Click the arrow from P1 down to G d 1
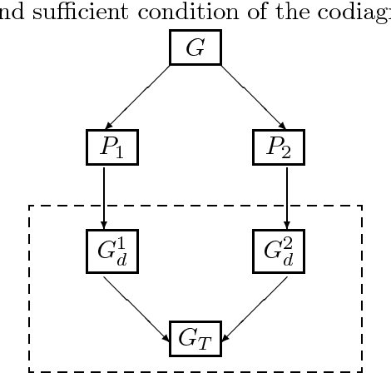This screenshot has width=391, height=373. [x=103, y=196]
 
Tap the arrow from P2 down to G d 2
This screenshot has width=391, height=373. [x=287, y=196]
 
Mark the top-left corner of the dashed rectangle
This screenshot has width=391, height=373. [x=30, y=206]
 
